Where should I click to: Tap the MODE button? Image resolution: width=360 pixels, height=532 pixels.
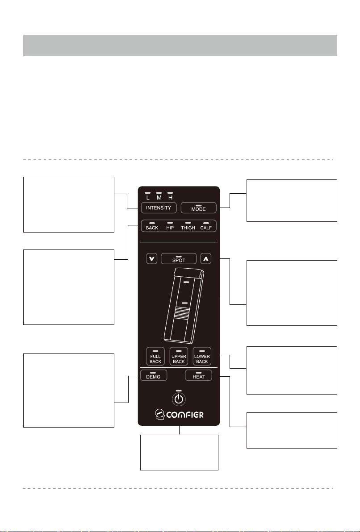pos(199,208)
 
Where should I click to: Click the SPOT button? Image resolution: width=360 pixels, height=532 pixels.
pos(179,258)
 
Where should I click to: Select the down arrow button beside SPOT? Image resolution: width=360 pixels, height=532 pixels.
pos(152,258)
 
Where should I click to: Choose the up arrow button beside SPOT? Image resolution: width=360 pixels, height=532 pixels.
pos(206,258)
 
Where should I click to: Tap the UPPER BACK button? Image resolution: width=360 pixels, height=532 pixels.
pos(179,356)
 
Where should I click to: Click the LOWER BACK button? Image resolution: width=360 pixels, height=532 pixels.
pos(202,356)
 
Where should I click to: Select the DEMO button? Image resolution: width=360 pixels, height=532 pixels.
pos(153,375)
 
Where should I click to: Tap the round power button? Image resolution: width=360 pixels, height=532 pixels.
pos(179,399)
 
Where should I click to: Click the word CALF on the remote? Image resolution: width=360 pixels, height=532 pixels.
pos(206,228)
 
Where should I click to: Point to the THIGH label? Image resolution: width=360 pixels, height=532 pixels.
pos(188,228)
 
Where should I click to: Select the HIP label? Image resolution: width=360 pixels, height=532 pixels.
pos(170,228)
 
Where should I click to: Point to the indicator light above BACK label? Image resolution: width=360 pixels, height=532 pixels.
pos(152,222)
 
